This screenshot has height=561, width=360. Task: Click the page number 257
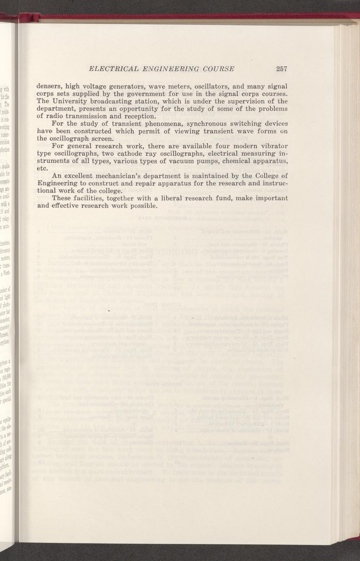282,69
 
